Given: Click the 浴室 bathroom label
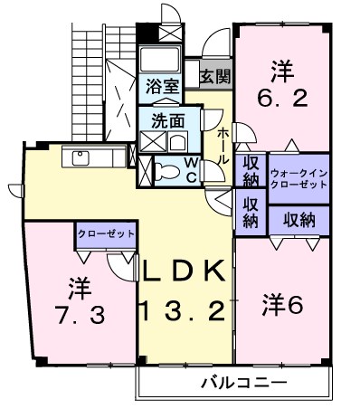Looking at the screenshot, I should coord(163,88).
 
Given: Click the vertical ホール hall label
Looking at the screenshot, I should coord(223,145).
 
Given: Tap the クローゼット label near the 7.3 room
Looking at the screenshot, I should coord(106,233).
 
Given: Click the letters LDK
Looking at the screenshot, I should coord(181,271).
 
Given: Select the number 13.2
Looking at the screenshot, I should coord(181,312).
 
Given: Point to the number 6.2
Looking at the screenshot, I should coord(281,90).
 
